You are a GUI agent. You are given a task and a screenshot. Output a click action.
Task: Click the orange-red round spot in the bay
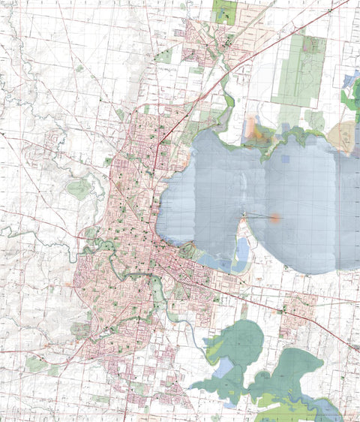(275, 219)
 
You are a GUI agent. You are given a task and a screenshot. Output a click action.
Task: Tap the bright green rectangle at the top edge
(224, 11)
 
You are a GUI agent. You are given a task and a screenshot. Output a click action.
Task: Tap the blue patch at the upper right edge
(349, 80)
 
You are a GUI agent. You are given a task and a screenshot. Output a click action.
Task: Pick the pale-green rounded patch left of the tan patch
(314, 120)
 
